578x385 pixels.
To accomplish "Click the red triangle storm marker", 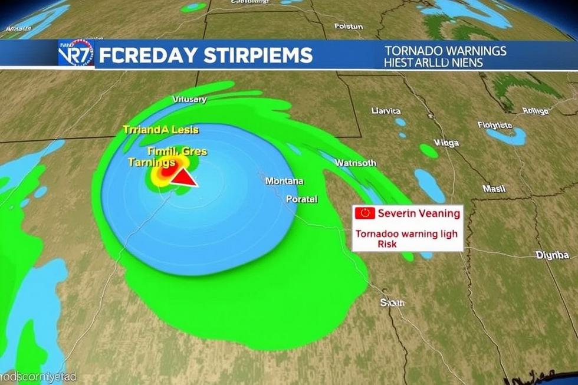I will tap(185, 177).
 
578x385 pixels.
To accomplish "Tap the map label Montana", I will tap(284, 181).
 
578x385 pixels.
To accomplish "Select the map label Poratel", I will tap(301, 199).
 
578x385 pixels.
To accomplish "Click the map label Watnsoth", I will tap(356, 163).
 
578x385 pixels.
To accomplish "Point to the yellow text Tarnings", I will tap(152, 162).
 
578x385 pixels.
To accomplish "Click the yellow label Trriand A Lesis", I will tap(160, 130).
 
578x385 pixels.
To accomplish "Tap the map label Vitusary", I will tap(189, 99).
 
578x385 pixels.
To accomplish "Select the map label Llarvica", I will tap(386, 110).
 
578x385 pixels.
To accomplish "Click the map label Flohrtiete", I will tap(494, 125).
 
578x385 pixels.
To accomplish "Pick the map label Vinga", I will tap(446, 142).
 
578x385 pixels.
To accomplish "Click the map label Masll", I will tap(494, 189).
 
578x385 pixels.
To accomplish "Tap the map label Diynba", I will tap(552, 255).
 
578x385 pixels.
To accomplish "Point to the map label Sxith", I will tap(392, 302).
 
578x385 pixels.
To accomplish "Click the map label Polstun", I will tap(349, 27).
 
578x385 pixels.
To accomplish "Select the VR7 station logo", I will tap(76, 54).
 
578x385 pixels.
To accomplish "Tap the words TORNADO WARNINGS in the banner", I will tap(445, 51).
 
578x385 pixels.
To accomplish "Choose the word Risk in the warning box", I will tap(387, 244).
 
